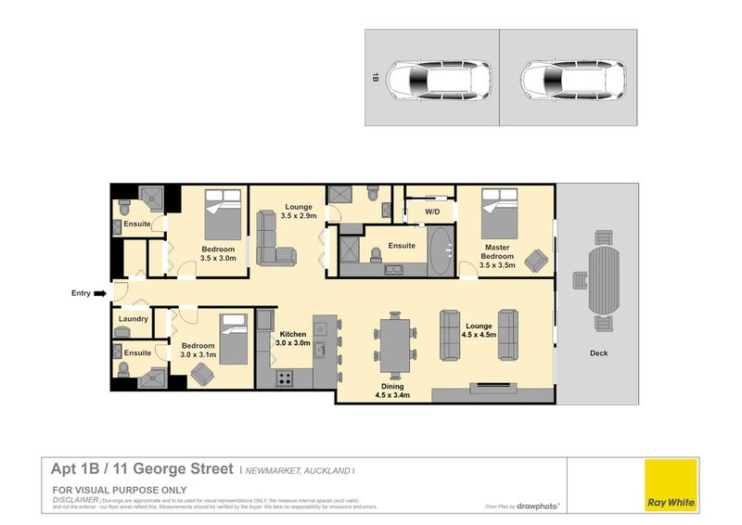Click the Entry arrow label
pyautogui.click(x=82, y=293)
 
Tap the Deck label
pyautogui.click(x=598, y=352)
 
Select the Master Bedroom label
pyautogui.click(x=498, y=252)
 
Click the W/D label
pyautogui.click(x=432, y=212)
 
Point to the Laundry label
pyautogui.click(x=134, y=319)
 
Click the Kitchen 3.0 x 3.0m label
pyautogui.click(x=292, y=338)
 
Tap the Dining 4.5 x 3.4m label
pyautogui.click(x=392, y=391)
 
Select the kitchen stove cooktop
pyautogui.click(x=284, y=378)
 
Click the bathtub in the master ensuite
pyautogui.click(x=440, y=250)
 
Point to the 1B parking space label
pyautogui.click(x=376, y=78)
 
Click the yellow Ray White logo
pyautogui.click(x=671, y=485)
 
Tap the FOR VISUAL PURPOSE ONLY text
pyautogui.click(x=120, y=489)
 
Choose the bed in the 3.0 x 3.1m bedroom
pyautogui.click(x=233, y=338)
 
